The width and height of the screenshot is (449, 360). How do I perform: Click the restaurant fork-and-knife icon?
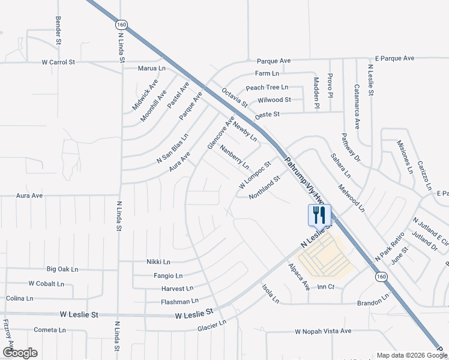(319, 215)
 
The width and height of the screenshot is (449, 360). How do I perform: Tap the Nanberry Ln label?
(234, 156)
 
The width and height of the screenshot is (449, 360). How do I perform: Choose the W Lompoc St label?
(256, 175)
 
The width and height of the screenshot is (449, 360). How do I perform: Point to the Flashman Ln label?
(175, 301)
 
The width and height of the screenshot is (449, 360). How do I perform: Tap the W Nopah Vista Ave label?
(323, 331)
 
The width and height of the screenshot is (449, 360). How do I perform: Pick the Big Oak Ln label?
(62, 269)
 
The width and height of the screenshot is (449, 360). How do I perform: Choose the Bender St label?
(58, 31)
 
